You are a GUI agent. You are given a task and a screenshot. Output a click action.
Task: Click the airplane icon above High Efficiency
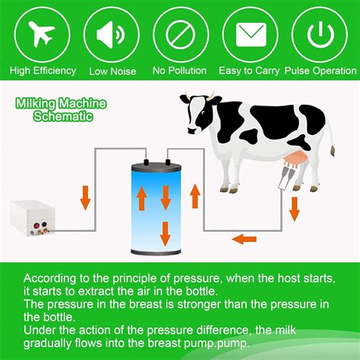click(x=43, y=34)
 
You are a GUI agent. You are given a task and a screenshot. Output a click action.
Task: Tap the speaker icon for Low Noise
click(x=112, y=34)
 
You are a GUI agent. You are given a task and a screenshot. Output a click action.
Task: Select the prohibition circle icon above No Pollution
click(x=180, y=34)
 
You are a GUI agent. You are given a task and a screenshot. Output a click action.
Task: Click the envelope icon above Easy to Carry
click(x=251, y=34)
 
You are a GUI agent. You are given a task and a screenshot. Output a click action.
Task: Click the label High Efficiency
click(x=43, y=71)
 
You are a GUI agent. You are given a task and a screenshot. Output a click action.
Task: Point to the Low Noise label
click(x=112, y=71)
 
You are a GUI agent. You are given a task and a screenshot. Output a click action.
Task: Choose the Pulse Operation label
click(x=320, y=71)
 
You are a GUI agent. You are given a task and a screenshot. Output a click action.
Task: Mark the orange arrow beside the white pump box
click(x=85, y=199)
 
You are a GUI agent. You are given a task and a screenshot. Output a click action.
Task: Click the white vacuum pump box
click(x=33, y=219)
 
